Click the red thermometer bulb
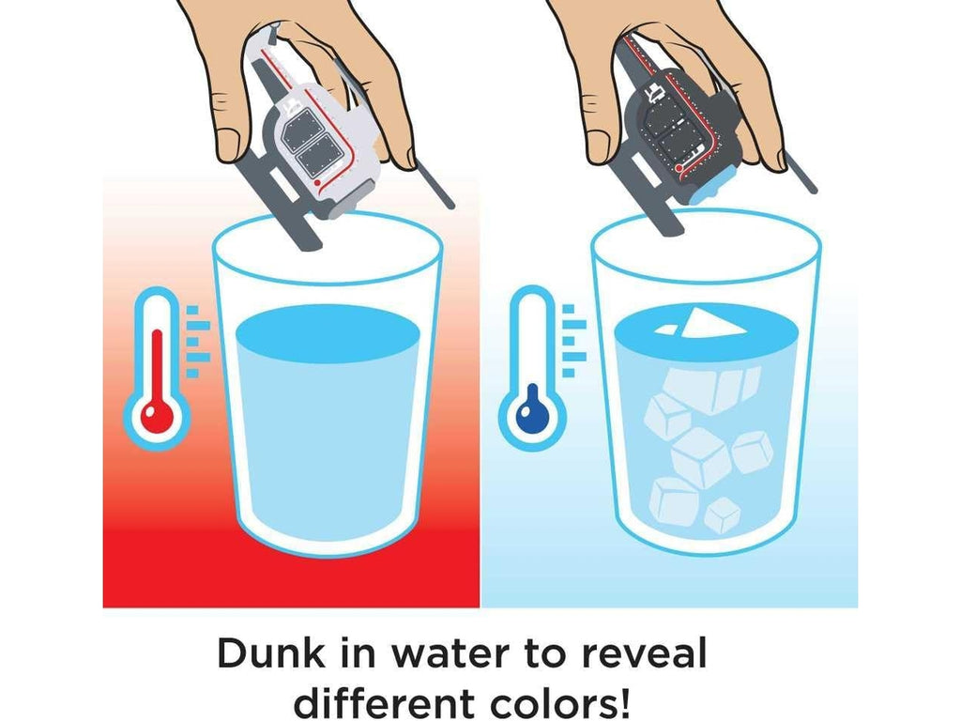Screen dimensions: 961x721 [x=158, y=416]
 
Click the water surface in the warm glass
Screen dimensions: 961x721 [x=328, y=333]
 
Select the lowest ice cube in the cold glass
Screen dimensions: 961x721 [x=722, y=516]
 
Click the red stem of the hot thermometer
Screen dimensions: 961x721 [x=158, y=367]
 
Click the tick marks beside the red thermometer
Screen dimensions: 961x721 [x=197, y=341]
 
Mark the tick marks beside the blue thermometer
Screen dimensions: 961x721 [x=573, y=341]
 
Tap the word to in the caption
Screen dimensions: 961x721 [x=543, y=654]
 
